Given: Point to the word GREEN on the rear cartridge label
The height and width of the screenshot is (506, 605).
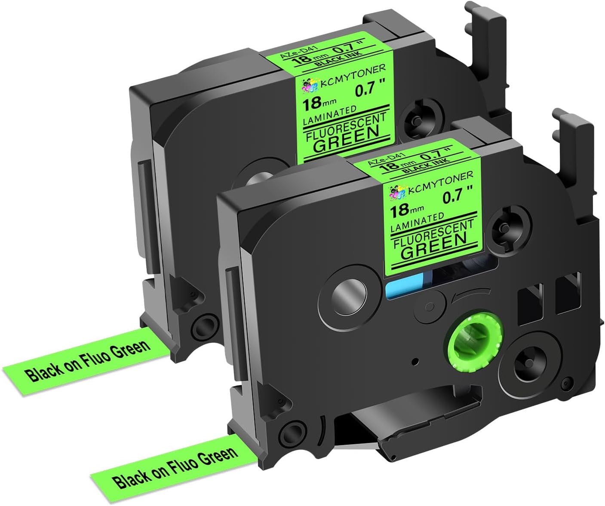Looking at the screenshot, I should point(346,138).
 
